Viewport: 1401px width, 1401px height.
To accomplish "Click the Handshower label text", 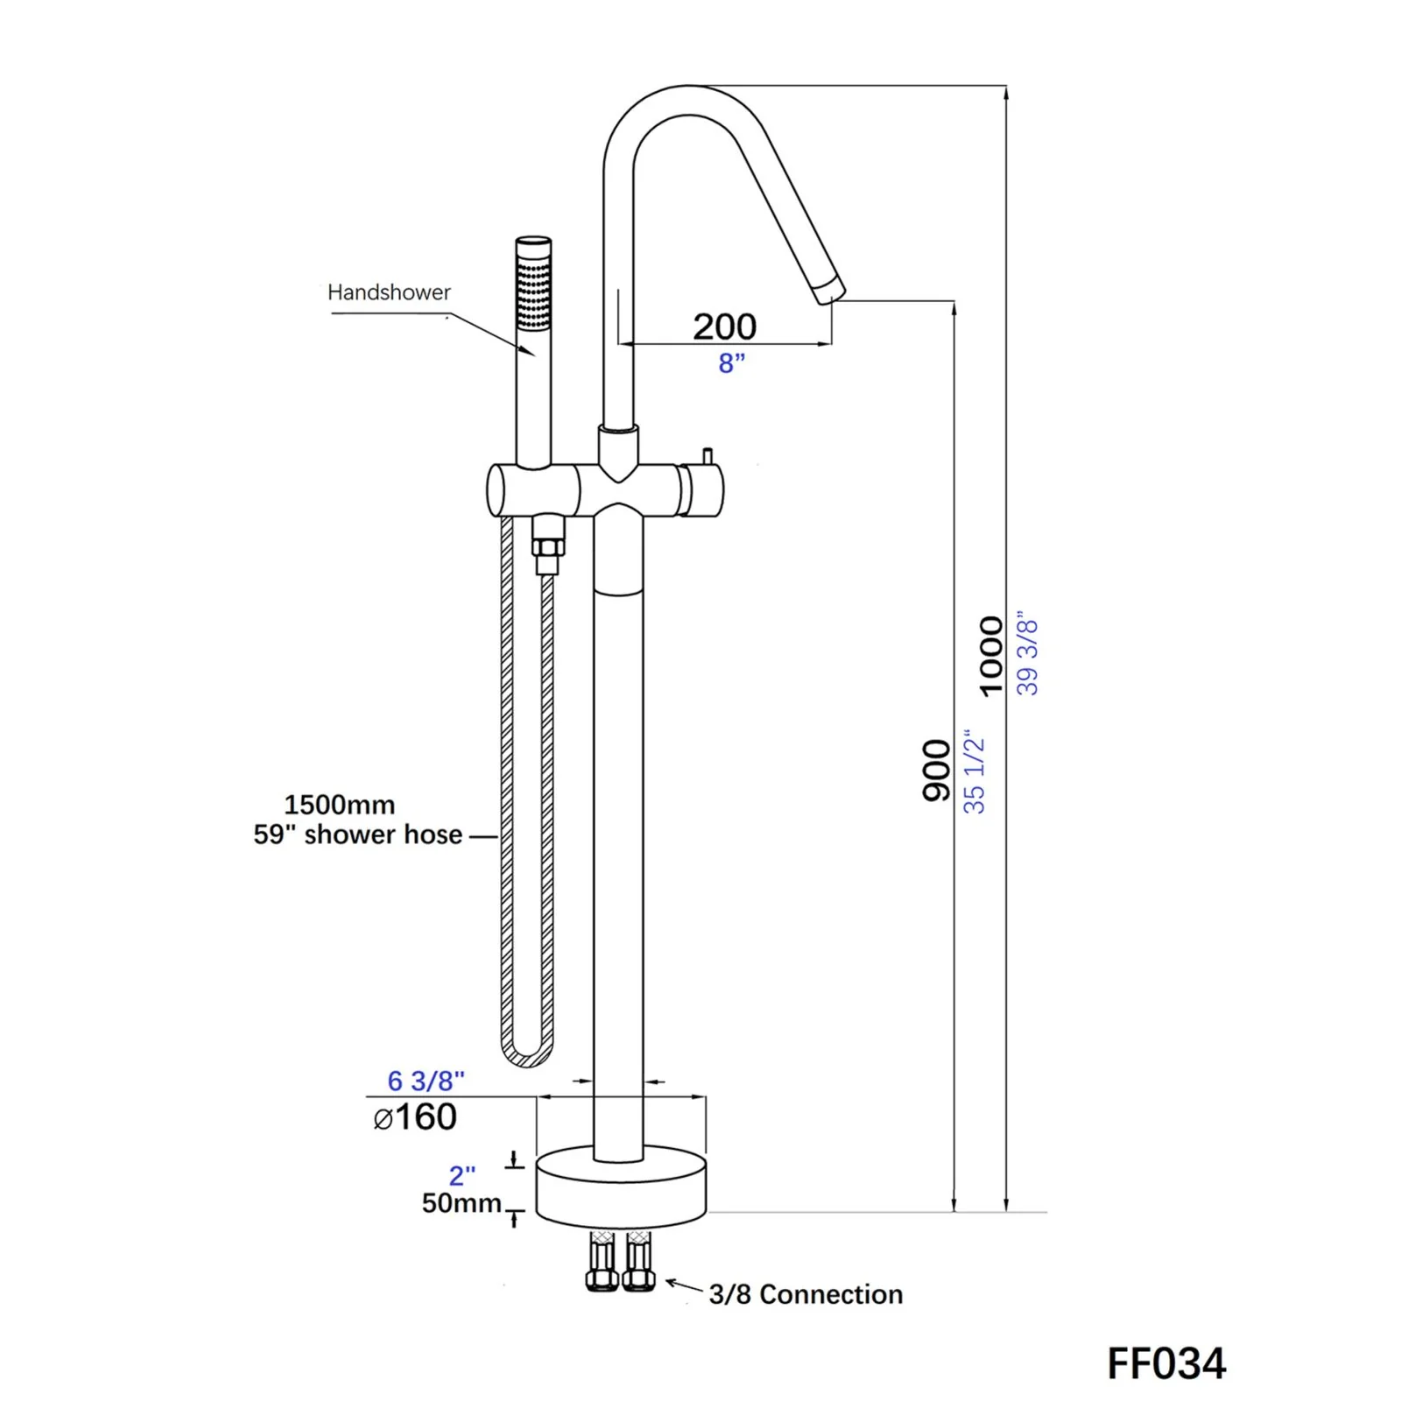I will point(389,292).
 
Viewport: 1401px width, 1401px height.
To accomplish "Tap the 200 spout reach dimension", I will point(724,327).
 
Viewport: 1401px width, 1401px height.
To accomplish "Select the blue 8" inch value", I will point(731,363).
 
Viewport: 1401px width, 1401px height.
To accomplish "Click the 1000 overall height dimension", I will point(990,656).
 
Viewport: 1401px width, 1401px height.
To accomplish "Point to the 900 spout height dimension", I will point(936,770).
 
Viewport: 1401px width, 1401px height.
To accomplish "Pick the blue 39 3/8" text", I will point(1027,656).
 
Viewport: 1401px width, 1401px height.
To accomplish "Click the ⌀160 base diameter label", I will point(415,1117).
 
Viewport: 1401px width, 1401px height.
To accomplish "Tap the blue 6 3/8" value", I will point(426,1081).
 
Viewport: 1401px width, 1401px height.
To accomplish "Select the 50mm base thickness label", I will point(461,1203).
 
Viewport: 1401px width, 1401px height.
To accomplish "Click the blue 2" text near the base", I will point(461,1174).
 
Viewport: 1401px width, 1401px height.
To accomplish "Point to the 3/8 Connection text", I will point(806,1294).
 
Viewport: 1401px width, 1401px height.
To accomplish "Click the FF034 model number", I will point(1165,1363).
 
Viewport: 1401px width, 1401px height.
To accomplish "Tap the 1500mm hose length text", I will point(340,805).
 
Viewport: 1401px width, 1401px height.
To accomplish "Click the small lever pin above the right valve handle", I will point(707,456).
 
